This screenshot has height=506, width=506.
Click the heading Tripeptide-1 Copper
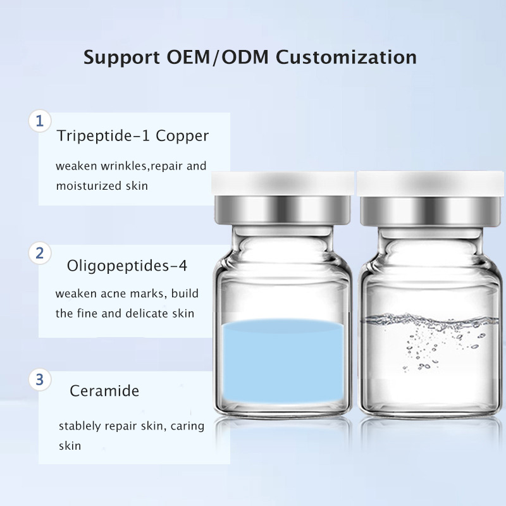[132, 136]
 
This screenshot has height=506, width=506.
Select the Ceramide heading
[104, 391]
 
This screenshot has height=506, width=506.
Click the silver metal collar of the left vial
[282, 211]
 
